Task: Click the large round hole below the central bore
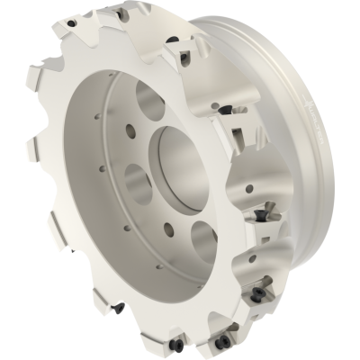point(203,241)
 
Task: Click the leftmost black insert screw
point(117,308)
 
